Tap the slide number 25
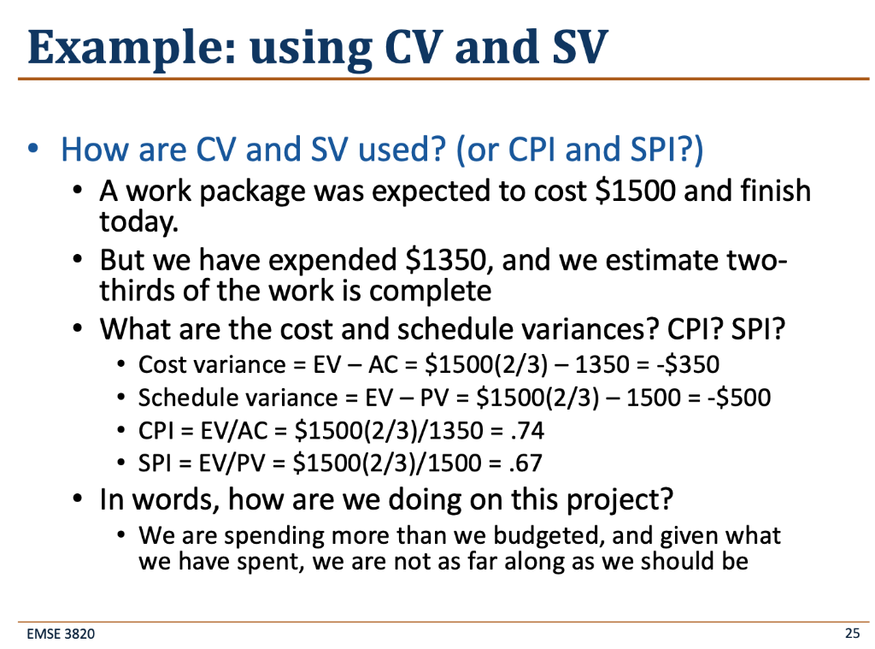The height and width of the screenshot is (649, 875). pos(851,634)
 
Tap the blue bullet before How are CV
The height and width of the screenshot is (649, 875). pos(33,150)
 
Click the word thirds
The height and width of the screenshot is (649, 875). pos(135,291)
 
